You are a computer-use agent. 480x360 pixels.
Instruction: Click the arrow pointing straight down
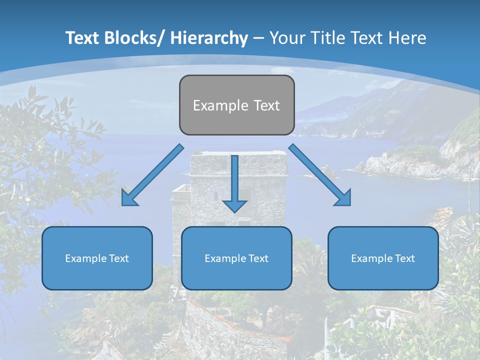234,183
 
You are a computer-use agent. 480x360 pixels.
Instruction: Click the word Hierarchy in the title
208,38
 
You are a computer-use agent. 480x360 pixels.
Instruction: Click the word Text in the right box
405,258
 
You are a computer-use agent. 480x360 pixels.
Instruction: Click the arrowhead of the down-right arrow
344,198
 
